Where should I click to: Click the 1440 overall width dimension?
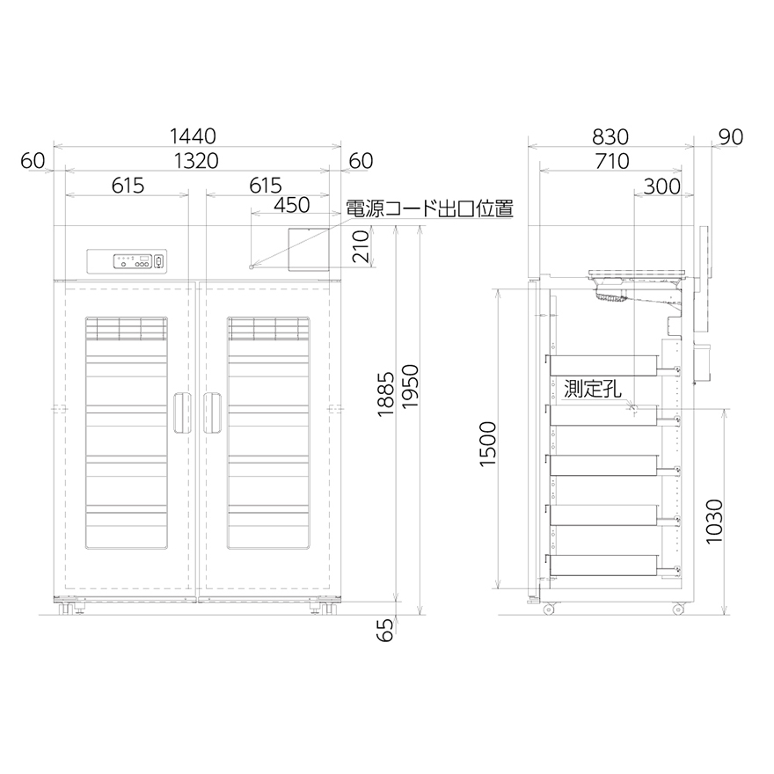(x=193, y=136)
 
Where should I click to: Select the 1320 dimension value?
(x=196, y=161)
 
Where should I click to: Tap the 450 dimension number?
(x=292, y=205)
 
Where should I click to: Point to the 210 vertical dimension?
(x=361, y=246)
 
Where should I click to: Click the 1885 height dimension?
(x=385, y=394)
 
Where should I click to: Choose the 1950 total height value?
(x=410, y=386)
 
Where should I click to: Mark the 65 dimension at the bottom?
(x=385, y=630)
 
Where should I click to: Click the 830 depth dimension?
(x=610, y=136)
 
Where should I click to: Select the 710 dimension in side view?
(x=612, y=162)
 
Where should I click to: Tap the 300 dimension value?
(x=662, y=186)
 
